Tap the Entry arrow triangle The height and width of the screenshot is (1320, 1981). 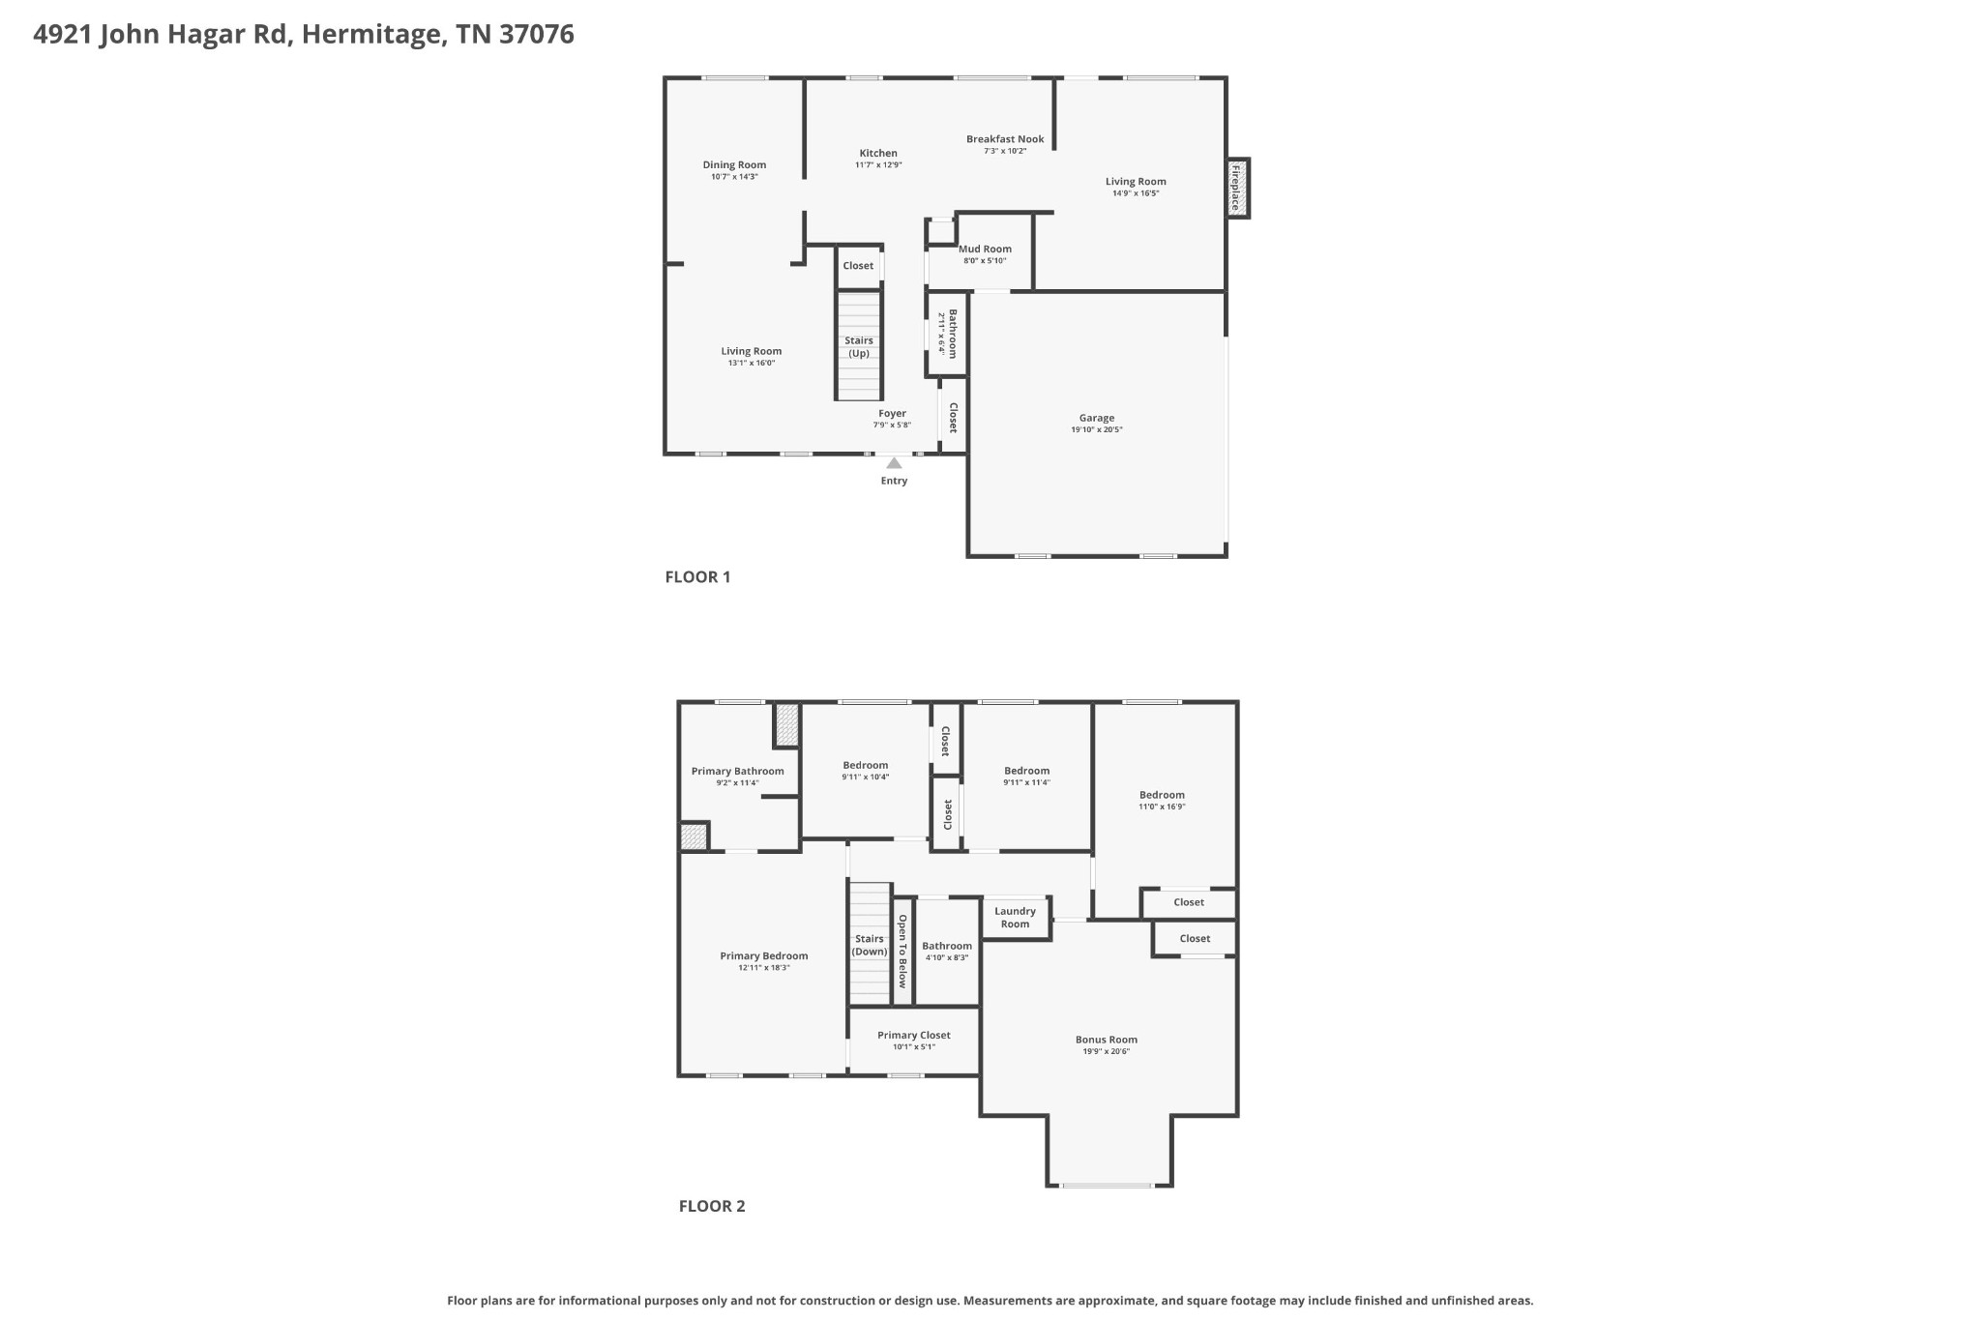click(894, 463)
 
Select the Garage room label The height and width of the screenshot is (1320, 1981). click(1096, 418)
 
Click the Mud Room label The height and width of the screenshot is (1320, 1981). click(985, 249)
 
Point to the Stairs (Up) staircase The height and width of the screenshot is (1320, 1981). click(859, 345)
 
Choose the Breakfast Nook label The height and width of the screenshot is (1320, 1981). click(1005, 139)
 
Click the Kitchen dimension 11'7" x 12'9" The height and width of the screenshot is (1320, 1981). click(878, 165)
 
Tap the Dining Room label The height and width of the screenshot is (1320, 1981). click(734, 164)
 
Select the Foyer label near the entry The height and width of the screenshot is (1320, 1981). click(892, 413)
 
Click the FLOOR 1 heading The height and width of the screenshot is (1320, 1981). click(697, 577)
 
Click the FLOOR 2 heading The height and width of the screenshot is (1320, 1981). click(712, 1206)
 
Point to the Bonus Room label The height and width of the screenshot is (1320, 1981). click(1106, 1040)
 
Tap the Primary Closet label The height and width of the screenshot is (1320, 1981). click(913, 1035)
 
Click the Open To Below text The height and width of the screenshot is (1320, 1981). click(902, 952)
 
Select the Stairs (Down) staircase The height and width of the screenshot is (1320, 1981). click(869, 944)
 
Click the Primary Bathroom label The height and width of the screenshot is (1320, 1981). click(737, 771)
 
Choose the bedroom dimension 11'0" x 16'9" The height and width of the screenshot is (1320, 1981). click(1161, 807)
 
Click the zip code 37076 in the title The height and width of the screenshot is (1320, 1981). click(537, 35)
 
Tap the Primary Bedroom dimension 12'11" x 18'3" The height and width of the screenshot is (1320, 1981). click(763, 967)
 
